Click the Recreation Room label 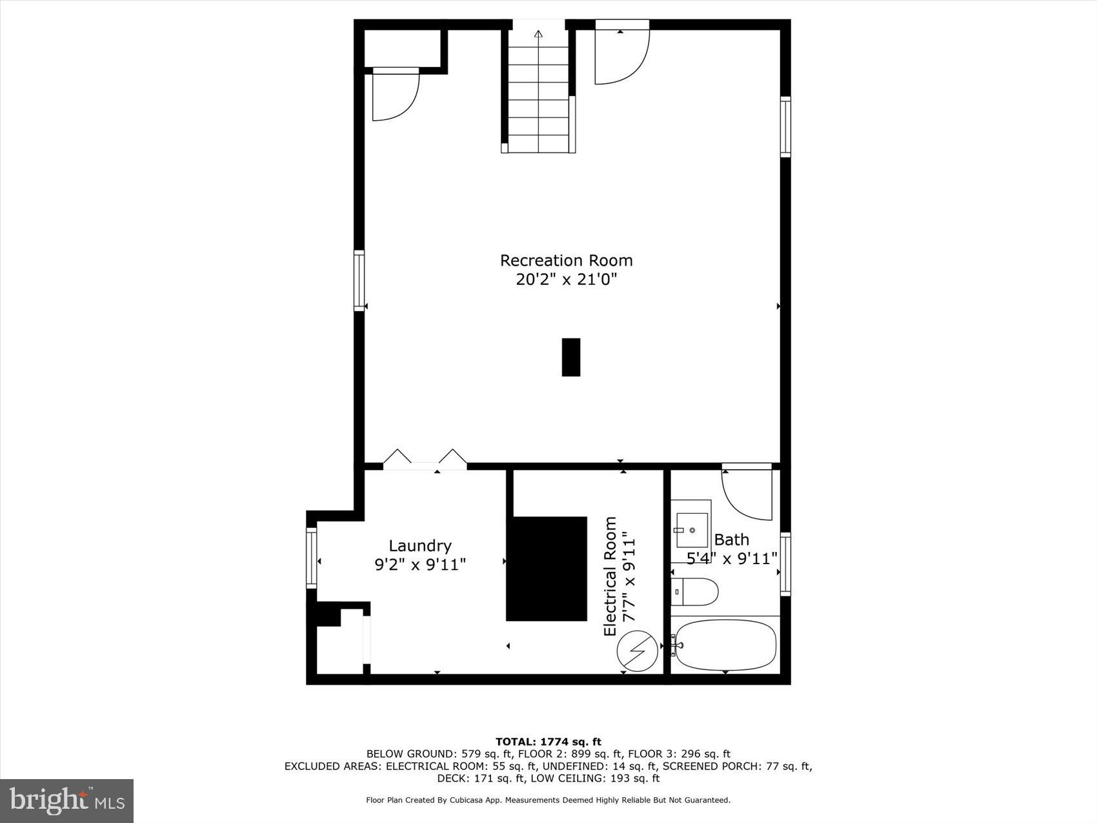[x=566, y=260]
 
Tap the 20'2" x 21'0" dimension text [x=566, y=279]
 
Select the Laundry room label [x=420, y=545]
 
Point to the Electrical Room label [x=610, y=576]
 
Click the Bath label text [x=731, y=539]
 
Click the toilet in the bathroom [x=694, y=591]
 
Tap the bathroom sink [x=691, y=530]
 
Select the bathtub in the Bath [x=724, y=645]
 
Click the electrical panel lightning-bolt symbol [x=638, y=651]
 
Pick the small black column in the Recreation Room [x=571, y=357]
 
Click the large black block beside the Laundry [x=547, y=569]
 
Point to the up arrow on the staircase [x=539, y=34]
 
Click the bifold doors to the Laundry [x=425, y=458]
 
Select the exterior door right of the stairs [x=621, y=55]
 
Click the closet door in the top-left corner [x=396, y=95]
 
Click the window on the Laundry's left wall [x=312, y=558]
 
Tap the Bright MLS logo [x=67, y=801]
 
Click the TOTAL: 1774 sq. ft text [x=548, y=742]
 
